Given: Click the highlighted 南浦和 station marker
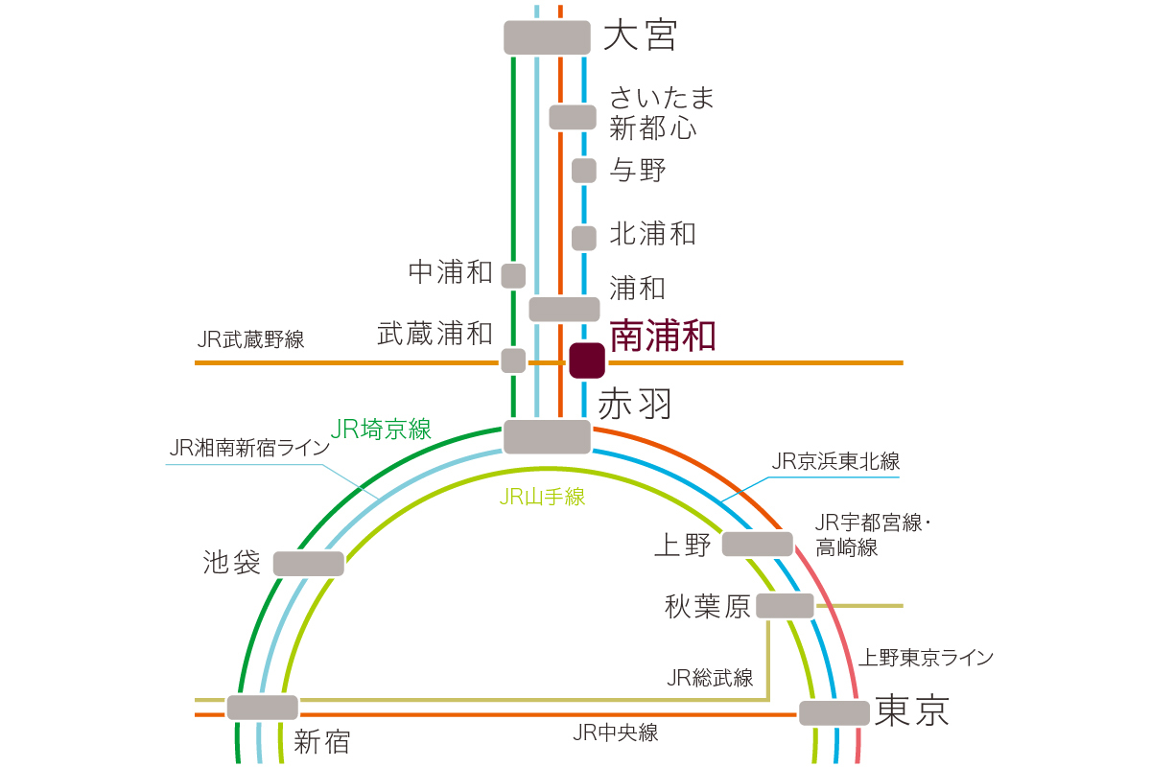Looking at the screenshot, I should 586,360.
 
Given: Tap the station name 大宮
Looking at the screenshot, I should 640,36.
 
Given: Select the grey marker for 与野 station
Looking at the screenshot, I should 584,171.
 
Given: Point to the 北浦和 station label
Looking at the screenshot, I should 652,234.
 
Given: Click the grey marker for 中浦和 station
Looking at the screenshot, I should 513,276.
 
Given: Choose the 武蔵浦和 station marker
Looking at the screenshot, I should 513,360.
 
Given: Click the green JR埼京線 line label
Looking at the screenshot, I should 381,430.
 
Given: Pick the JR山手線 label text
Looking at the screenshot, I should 542,497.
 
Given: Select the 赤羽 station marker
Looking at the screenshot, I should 547,436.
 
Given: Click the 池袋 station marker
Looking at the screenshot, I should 308,564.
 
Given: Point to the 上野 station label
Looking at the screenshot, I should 682,545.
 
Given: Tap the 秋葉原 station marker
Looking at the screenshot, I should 785,606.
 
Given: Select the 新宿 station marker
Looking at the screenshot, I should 263,708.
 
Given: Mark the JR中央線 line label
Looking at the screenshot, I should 615,733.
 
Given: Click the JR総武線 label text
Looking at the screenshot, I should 710,678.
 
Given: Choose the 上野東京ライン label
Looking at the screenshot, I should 925,658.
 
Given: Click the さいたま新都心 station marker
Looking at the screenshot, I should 573,117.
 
